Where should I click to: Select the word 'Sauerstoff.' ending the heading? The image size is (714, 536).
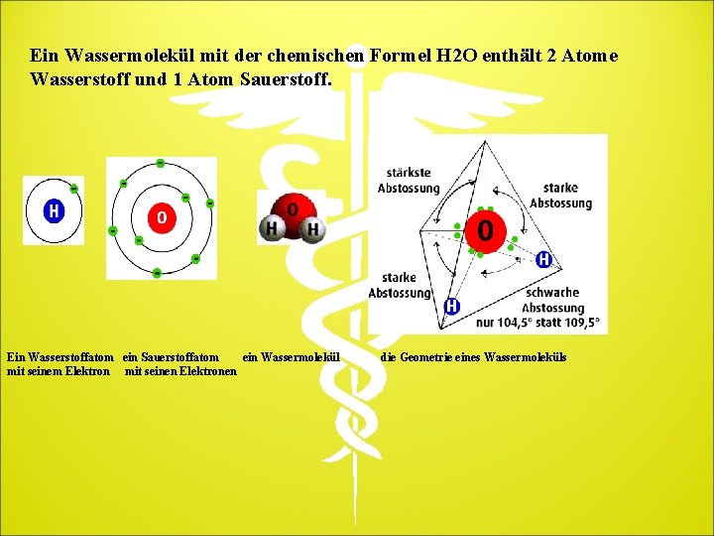coord(293,78)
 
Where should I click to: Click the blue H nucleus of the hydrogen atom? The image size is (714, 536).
coord(54,210)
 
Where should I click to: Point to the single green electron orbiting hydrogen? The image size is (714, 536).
coord(74,189)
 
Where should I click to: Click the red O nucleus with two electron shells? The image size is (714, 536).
coord(161,216)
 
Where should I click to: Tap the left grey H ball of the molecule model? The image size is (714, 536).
coord(271,229)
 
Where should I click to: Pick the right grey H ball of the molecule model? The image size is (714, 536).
coord(312,230)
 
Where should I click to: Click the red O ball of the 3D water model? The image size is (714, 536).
coord(292,209)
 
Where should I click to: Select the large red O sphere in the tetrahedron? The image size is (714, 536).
coord(484,230)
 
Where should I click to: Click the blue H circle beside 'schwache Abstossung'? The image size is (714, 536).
coord(543,259)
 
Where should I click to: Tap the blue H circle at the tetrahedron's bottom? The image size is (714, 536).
coord(451,306)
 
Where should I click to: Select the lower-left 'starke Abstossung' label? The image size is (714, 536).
coord(400,285)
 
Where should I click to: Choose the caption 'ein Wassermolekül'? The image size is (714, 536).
coord(291,357)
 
